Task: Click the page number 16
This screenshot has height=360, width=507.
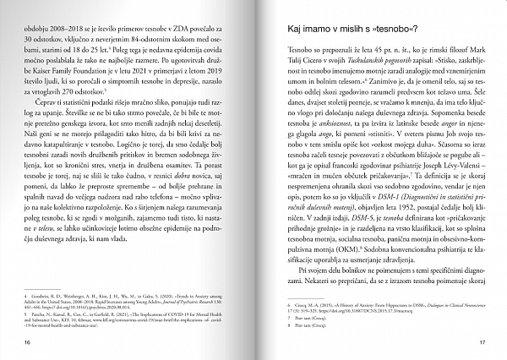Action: [29, 341]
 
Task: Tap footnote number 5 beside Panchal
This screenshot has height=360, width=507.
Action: [29, 311]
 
